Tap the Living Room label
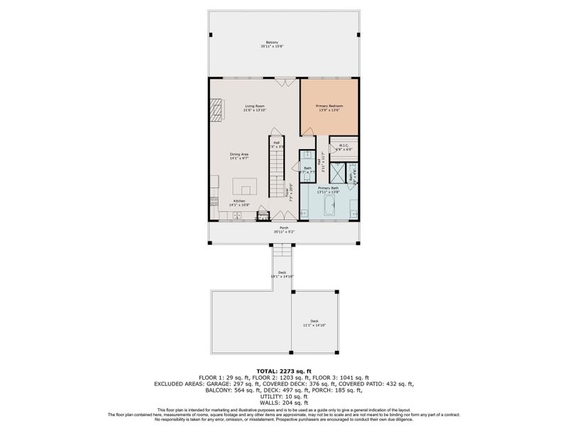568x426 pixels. click(253, 107)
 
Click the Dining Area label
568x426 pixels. click(239, 156)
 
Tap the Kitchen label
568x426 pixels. click(239, 203)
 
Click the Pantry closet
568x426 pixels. click(263, 214)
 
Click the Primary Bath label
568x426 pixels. click(328, 190)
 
